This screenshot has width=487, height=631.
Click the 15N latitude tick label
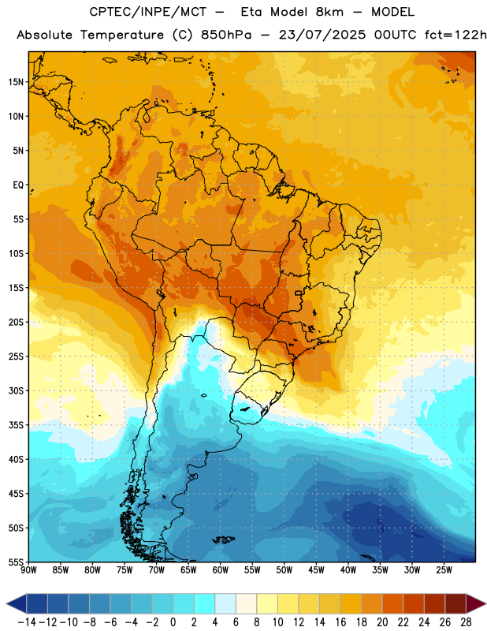point(16,82)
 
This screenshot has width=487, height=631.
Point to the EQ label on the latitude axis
point(18,185)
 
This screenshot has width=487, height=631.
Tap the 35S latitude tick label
point(16,425)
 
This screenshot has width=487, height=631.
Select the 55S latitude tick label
point(16,562)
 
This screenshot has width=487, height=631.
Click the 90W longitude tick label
point(28,570)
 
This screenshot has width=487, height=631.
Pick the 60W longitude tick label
point(221,570)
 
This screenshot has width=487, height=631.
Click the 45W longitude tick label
point(316,570)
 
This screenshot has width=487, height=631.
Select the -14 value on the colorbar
point(28,622)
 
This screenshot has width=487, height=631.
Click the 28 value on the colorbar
point(466,622)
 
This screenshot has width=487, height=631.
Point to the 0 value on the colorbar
point(173,622)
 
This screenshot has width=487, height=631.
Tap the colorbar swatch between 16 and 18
point(351,603)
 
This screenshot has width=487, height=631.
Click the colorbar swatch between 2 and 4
point(204,603)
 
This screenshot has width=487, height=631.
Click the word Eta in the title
point(251,12)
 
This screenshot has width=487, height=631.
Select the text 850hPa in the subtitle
point(226,35)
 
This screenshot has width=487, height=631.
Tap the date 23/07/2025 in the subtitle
point(322,35)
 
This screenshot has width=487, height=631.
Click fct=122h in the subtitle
point(456,35)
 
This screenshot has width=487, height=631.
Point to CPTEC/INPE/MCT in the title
point(148,12)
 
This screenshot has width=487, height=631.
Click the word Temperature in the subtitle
point(121,35)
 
